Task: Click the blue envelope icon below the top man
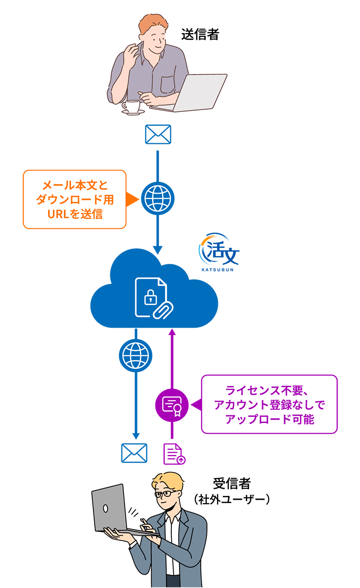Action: [x=158, y=134]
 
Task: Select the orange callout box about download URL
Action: [x=74, y=199]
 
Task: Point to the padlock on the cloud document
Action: [x=150, y=299]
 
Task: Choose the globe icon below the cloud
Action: [x=135, y=355]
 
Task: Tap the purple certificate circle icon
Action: [x=171, y=405]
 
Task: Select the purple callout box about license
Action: [x=269, y=404]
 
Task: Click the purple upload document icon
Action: [x=174, y=454]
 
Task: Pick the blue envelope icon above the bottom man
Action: [x=134, y=453]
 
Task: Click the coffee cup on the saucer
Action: [x=130, y=106]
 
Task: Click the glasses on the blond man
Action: [x=166, y=493]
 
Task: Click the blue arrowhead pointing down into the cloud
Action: [x=158, y=250]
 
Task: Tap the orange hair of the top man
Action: [x=150, y=24]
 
